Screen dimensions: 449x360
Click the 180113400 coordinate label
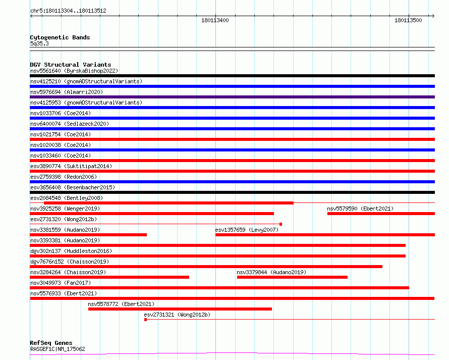tap(215, 20)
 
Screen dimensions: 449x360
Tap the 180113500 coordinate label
tap(408, 20)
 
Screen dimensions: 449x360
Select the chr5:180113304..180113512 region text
tap(68, 11)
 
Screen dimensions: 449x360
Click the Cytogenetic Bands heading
tap(60, 37)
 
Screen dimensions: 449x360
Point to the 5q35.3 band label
tap(39, 43)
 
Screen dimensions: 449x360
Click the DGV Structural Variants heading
tap(71, 65)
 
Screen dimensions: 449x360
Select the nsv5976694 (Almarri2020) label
tap(67, 92)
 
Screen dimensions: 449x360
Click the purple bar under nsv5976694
tap(232, 97)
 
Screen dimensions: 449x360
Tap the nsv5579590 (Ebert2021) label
tap(360, 209)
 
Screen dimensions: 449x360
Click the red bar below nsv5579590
tap(381, 214)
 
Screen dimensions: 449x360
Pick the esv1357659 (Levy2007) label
tap(247, 230)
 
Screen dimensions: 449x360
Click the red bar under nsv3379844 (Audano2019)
tap(292, 277)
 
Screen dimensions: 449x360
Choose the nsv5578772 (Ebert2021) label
tap(121, 304)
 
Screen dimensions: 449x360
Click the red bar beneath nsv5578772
tap(180, 309)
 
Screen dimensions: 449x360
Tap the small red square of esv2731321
tap(145, 320)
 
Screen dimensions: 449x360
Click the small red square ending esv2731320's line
tap(280, 224)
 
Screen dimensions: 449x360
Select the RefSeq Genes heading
tap(51, 343)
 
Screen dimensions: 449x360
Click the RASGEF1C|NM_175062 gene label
tap(58, 349)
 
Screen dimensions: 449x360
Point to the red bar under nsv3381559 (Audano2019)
tap(88, 235)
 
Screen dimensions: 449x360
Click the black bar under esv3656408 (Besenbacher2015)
tap(232, 192)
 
